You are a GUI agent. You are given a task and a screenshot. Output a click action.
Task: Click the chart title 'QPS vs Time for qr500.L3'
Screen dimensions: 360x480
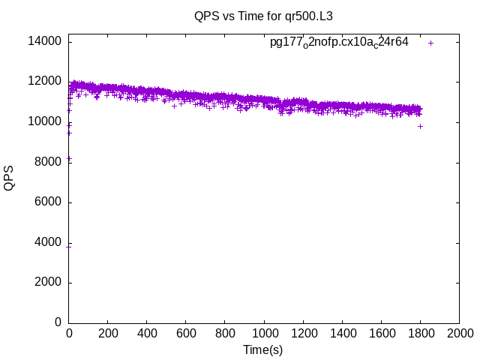[262, 15]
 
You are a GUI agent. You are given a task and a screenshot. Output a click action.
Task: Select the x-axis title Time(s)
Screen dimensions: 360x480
[262, 349]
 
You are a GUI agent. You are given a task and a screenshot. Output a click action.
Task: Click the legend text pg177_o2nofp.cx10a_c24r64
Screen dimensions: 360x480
[339, 42]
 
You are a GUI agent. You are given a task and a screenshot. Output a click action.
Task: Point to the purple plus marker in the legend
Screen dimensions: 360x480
[430, 43]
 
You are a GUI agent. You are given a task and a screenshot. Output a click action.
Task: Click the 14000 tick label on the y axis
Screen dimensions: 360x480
[46, 41]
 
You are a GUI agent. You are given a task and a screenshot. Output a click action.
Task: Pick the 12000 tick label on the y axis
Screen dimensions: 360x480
[46, 81]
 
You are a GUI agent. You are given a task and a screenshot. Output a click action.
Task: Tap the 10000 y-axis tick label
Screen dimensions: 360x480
[46, 121]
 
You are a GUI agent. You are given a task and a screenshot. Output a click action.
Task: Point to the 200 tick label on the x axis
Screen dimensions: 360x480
[108, 334]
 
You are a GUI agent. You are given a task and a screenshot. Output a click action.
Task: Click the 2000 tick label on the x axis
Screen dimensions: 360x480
[459, 334]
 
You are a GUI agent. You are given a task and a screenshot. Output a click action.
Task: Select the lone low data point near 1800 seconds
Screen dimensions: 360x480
[420, 126]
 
